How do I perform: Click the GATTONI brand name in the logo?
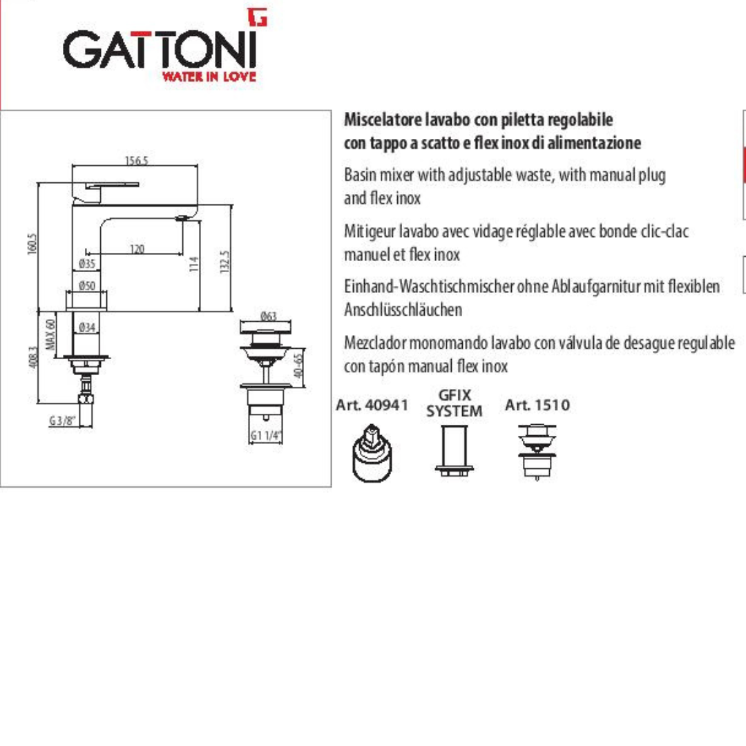click(160, 50)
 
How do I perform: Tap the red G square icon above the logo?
click(258, 17)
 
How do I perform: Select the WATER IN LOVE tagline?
click(209, 76)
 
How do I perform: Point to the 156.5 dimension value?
click(137, 160)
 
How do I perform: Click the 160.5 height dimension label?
click(32, 244)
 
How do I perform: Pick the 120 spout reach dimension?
click(137, 249)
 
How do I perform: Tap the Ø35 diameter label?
click(87, 263)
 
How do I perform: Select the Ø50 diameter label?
click(87, 285)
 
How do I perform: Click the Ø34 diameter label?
click(87, 327)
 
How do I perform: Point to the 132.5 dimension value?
click(225, 262)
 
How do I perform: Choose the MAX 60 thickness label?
click(50, 334)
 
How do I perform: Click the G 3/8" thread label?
click(62, 421)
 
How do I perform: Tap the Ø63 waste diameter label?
click(269, 316)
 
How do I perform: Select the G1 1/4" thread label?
click(266, 435)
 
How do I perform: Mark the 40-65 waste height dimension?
click(298, 365)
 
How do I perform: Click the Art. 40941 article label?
click(372, 405)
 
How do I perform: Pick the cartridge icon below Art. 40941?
click(372, 454)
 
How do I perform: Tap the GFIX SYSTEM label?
click(455, 403)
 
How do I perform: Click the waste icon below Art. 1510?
click(537, 452)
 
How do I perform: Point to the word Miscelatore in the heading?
click(383, 119)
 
